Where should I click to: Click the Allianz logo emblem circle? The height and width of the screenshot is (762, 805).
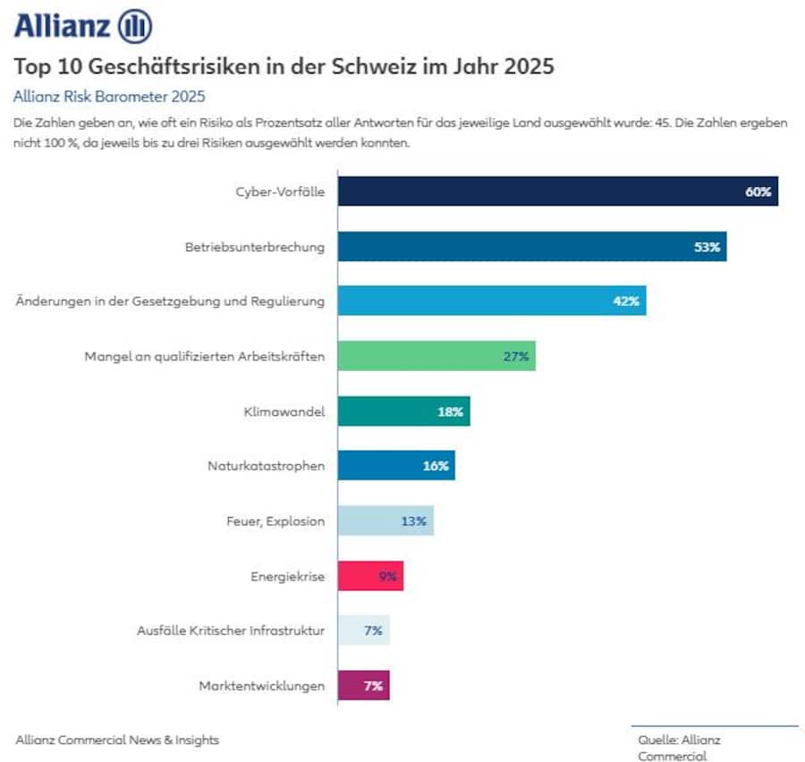pyautogui.click(x=135, y=25)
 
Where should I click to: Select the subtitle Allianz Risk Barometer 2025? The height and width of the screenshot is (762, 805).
pyautogui.click(x=110, y=96)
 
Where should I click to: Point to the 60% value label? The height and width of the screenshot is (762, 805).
pyautogui.click(x=758, y=191)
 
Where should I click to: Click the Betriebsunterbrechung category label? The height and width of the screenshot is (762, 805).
pyautogui.click(x=249, y=246)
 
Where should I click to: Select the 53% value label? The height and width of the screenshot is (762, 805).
pyautogui.click(x=707, y=247)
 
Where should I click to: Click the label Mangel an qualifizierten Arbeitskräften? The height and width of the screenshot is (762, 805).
pyautogui.click(x=205, y=356)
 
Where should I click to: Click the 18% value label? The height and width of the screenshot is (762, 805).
pyautogui.click(x=450, y=411)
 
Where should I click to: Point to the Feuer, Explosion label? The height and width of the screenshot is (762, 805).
pyautogui.click(x=278, y=521)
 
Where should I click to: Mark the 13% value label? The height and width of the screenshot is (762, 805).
pyautogui.click(x=413, y=521)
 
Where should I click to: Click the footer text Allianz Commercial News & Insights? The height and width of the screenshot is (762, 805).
pyautogui.click(x=117, y=740)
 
